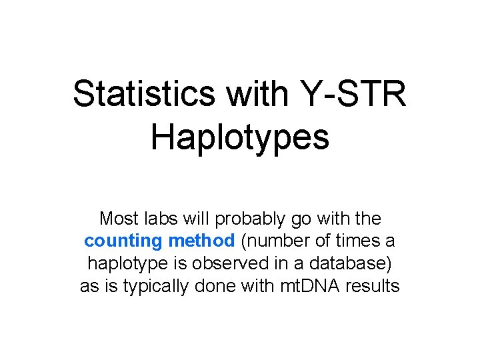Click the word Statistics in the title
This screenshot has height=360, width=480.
tap(145, 93)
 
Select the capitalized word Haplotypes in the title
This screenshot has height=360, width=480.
tap(240, 137)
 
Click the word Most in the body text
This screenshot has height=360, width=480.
tap(119, 218)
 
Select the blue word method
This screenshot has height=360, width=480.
tap(201, 241)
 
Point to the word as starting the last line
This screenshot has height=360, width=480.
tap(89, 287)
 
